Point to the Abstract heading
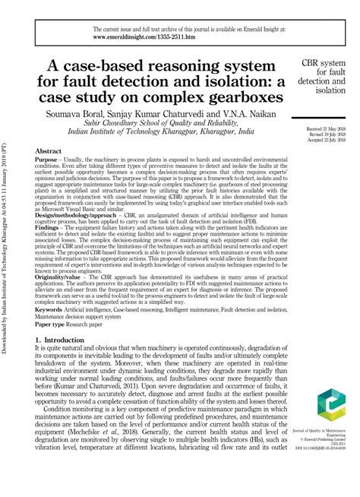tap(48, 152)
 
